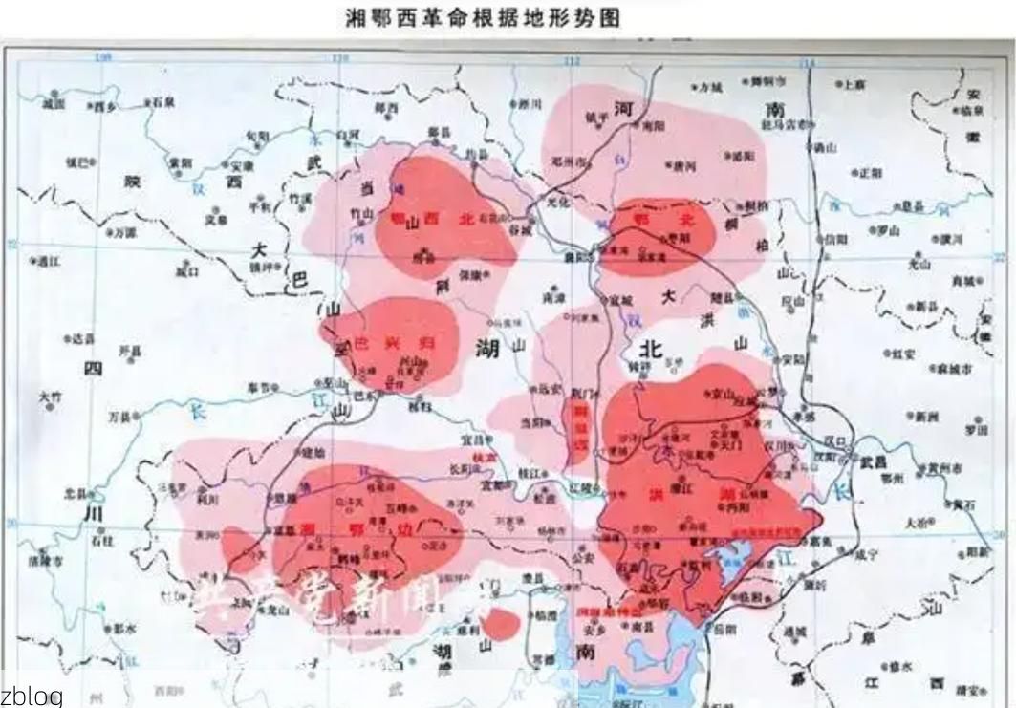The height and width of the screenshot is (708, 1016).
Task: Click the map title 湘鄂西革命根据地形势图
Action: point(482,18)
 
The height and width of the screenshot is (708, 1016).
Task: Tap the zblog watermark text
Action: point(31,696)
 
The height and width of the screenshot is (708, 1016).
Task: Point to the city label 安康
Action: point(242,165)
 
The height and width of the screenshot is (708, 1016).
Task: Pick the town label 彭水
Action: point(124,629)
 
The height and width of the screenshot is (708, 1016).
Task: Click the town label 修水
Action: point(899,668)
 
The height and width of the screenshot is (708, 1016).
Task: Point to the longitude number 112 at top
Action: point(572,61)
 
